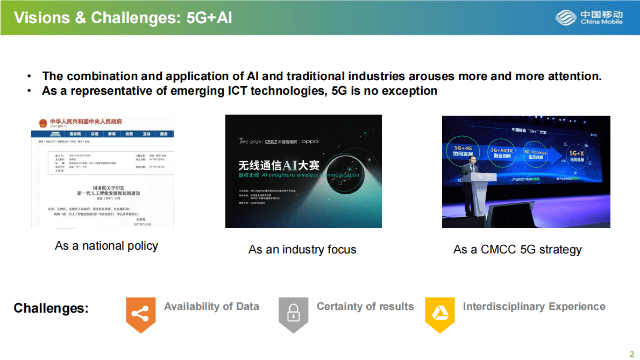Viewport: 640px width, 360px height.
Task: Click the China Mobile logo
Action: [x=589, y=18]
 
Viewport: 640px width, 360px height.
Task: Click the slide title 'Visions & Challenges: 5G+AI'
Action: [x=123, y=18]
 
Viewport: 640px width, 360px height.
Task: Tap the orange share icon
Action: [x=140, y=314]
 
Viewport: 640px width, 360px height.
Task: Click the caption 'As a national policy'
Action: [x=106, y=246]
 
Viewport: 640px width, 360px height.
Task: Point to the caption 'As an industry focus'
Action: [x=302, y=249]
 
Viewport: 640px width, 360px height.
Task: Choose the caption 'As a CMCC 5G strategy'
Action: [x=517, y=249]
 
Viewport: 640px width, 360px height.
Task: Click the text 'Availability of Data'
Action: [x=211, y=306]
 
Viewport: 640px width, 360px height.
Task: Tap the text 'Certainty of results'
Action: [x=365, y=306]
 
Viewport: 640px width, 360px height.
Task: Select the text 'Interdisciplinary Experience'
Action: [x=534, y=306]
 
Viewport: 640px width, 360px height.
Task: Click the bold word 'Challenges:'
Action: [x=51, y=308]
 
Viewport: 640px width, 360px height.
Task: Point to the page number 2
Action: [x=632, y=354]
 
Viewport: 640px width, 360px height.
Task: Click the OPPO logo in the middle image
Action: [x=310, y=142]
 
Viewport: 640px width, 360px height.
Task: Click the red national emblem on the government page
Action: [x=42, y=123]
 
